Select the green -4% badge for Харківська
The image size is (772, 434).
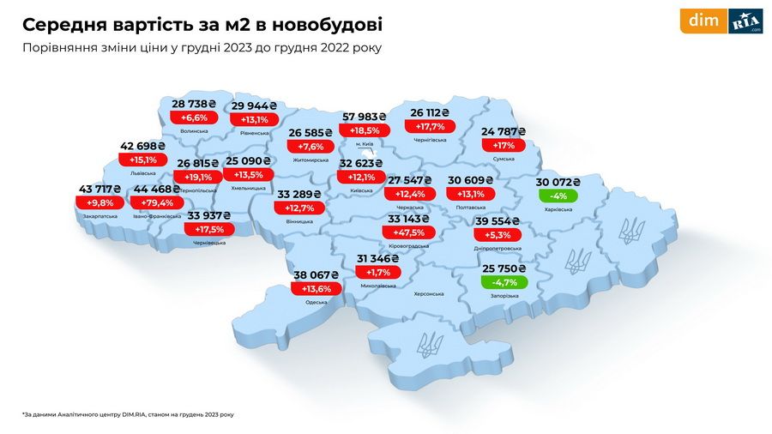[x=558, y=196]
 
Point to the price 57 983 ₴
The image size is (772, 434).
[x=364, y=117]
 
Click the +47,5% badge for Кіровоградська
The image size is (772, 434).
[x=408, y=232]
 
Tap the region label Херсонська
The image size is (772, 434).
[x=428, y=293]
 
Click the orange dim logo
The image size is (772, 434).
[x=703, y=21]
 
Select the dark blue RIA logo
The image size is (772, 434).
[x=745, y=21]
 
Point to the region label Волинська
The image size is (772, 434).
[x=195, y=130]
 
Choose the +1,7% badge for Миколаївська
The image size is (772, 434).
[x=377, y=272]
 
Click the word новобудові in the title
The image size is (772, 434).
[x=321, y=23]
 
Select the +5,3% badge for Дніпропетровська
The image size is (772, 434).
[x=497, y=235]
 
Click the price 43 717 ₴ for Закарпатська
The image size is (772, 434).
[x=100, y=189]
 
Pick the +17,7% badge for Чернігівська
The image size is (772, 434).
[x=431, y=126]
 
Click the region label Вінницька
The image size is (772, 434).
[x=300, y=221]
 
